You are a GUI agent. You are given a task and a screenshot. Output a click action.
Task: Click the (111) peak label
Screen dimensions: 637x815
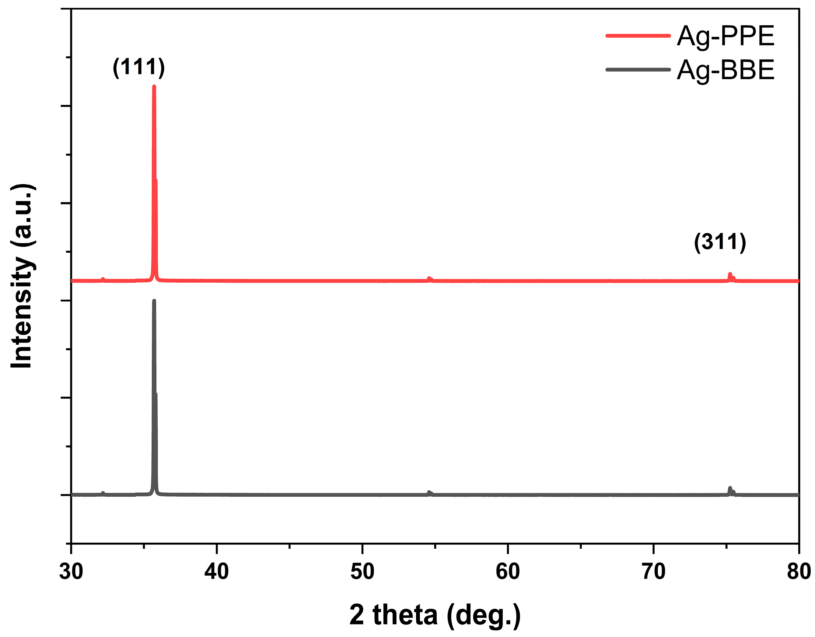(x=138, y=67)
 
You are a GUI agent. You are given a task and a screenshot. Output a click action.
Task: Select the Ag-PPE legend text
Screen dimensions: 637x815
(x=726, y=36)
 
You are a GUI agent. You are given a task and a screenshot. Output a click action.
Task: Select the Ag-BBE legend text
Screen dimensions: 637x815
(x=726, y=70)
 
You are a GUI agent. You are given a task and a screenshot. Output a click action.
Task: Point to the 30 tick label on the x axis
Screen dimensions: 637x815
(x=71, y=571)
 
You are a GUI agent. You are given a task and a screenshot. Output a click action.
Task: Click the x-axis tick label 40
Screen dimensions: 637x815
(x=216, y=571)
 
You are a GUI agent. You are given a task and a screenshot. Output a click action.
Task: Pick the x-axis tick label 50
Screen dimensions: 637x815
(x=362, y=571)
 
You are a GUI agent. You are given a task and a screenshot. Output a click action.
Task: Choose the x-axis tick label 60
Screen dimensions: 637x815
(x=508, y=571)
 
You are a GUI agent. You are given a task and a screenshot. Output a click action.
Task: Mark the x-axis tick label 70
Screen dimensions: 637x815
(x=653, y=571)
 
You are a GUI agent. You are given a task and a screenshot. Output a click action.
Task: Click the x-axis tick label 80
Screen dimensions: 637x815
(x=799, y=571)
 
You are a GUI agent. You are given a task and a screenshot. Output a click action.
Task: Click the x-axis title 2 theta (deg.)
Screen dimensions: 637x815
(x=435, y=614)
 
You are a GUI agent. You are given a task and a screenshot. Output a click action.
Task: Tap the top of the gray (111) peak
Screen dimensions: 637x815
(x=154, y=301)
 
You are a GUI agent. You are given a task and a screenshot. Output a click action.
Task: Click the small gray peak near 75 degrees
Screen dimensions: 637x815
(x=730, y=489)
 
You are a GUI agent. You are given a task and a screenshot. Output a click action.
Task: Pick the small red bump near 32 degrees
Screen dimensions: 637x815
(x=103, y=279)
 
